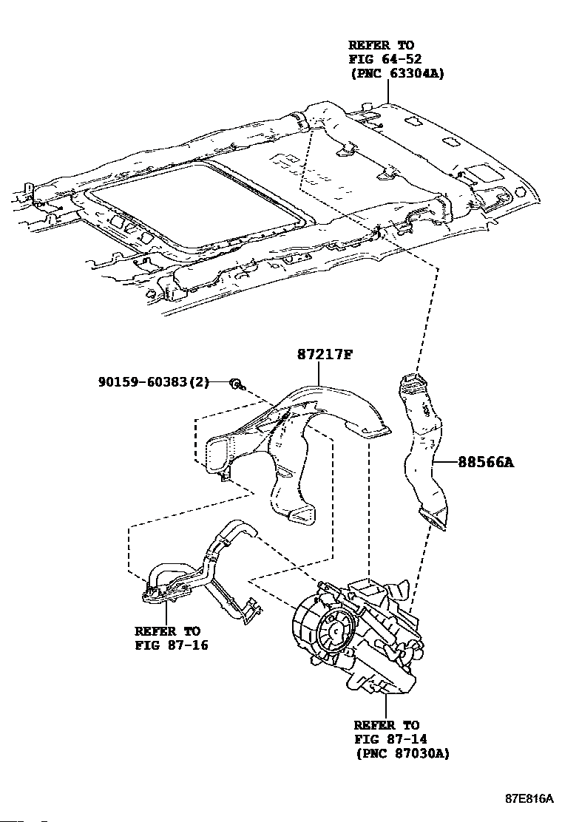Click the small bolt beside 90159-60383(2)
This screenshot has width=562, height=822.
[x=234, y=383]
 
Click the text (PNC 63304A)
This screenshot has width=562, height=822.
[x=396, y=73]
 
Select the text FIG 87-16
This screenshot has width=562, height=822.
[x=171, y=645]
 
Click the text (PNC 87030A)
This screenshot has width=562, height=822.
[x=402, y=753]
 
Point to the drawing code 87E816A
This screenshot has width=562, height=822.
[x=529, y=799]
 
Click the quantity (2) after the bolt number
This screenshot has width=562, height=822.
[x=200, y=382]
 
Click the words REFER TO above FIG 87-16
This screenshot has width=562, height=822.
[x=167, y=631]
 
